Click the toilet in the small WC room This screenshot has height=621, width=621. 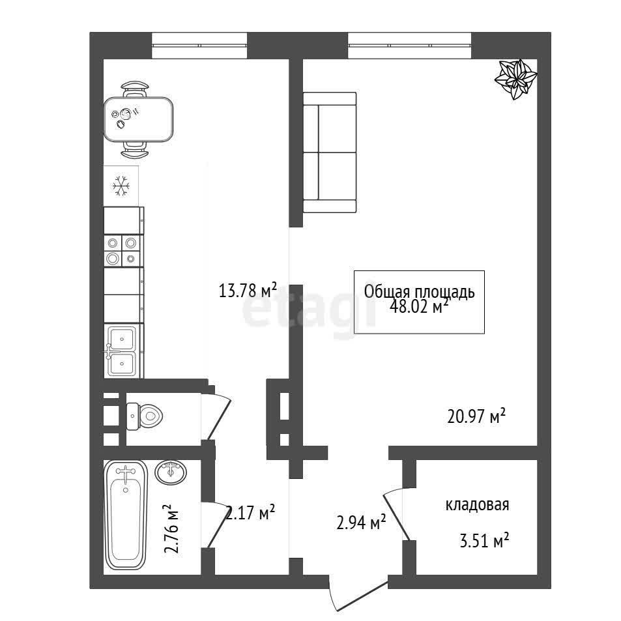pos(144,416)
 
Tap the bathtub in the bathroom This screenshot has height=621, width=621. pos(126,515)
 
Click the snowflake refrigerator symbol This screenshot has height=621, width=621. pos(121,185)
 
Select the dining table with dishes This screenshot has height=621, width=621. pos(138,119)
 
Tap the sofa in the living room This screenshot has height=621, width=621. pos(330,152)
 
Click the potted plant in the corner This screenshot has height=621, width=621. pos(516,79)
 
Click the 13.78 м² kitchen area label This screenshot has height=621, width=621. pos(248,291)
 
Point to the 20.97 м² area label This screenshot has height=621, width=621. pos(476,416)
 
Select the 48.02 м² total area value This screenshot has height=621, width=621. pos(420,306)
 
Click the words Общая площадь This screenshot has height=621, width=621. pos(420,292)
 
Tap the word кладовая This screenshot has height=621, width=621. pos(477,505)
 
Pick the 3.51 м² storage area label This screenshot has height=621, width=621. pos(484,540)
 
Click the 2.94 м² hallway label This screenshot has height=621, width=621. pos(361,523)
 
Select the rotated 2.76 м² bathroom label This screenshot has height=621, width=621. pos(171,528)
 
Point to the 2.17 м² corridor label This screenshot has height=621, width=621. pos(250,513)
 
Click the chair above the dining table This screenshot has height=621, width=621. pos(135,89)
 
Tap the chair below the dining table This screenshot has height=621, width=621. pos(135,150)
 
